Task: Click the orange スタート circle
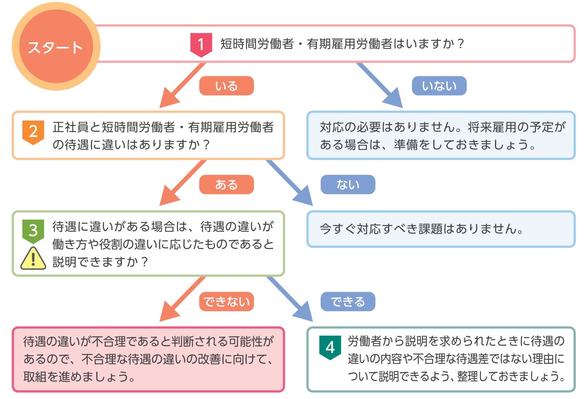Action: pos(56,47)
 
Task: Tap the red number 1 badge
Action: pos(201,44)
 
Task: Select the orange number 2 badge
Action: pos(33,131)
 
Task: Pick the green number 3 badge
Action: pos(33,230)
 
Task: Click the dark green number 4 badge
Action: pos(330,347)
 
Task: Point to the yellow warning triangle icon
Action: pos(33,259)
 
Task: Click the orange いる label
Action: pos(226,86)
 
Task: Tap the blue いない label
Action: pos(439,86)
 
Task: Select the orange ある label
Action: pos(226,184)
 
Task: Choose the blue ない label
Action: pos(348,184)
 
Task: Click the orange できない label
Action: pos(226,302)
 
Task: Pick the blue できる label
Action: pos(348,302)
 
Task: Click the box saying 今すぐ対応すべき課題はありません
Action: pos(441,229)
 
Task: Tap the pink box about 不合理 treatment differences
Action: pos(148,359)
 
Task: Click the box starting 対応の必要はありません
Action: pos(441,135)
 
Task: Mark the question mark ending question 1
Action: pos(460,44)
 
